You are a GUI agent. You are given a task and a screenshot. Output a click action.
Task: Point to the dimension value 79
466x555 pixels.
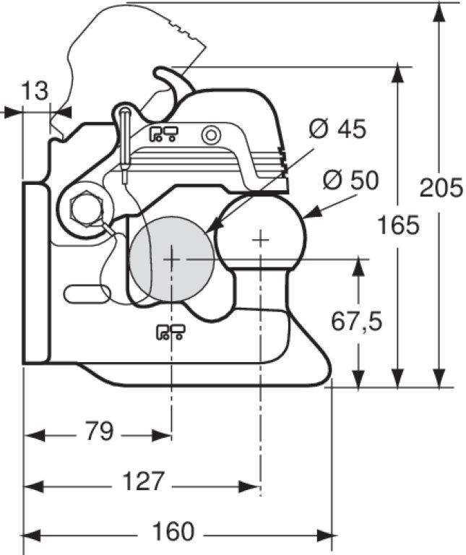(100, 431)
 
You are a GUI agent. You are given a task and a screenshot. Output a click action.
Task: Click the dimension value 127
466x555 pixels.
(142, 481)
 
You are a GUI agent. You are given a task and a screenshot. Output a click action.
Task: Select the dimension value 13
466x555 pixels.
(34, 91)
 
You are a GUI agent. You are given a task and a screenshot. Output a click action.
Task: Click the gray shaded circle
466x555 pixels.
(172, 257)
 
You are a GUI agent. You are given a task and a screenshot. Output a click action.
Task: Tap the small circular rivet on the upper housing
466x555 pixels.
(211, 134)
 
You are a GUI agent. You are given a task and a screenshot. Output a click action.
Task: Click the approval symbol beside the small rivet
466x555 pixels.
(164, 133)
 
